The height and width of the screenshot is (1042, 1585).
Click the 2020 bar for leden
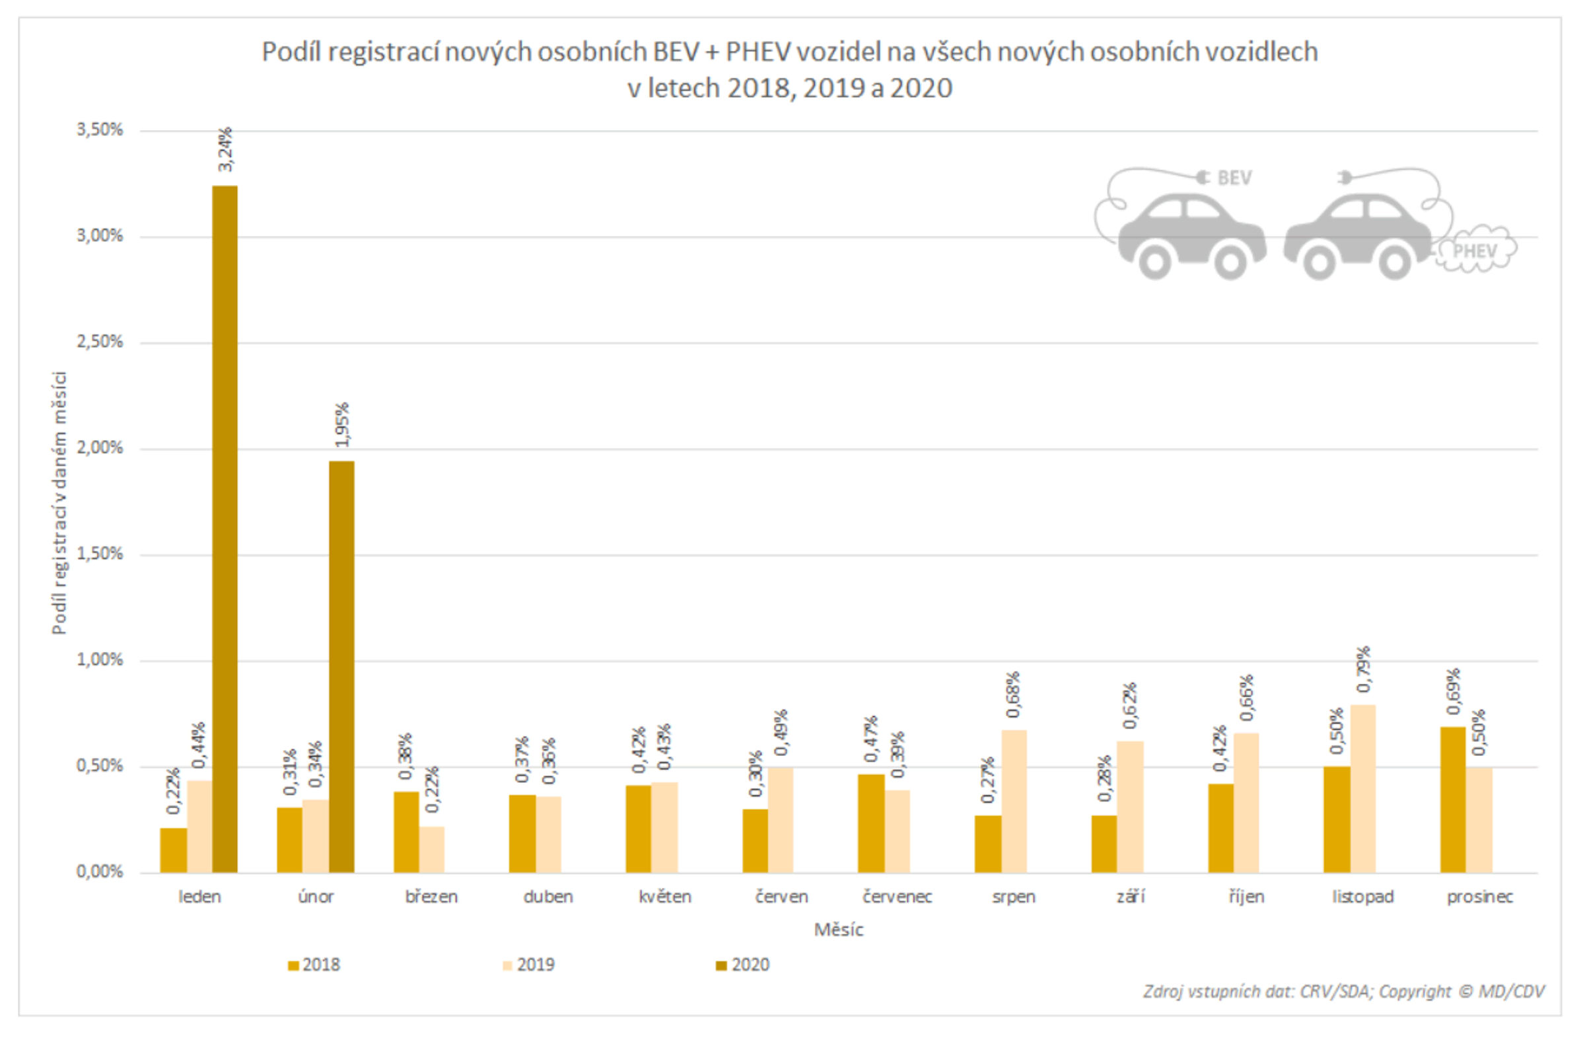point(225,529)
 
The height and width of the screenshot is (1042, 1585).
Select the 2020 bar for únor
point(341,666)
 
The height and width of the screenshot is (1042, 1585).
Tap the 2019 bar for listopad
point(1362,789)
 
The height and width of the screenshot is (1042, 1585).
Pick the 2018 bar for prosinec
point(1452,800)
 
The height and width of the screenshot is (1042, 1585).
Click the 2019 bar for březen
point(431,850)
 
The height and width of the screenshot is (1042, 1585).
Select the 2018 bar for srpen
point(987,844)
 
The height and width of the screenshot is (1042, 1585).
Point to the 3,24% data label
point(225,149)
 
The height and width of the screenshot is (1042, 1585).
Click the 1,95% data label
point(341,424)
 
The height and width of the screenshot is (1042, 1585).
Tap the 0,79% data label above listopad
point(1363,669)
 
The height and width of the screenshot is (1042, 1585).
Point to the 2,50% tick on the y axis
point(100,342)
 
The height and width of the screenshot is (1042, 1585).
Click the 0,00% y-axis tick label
point(100,872)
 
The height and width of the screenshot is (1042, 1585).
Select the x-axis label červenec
point(897,897)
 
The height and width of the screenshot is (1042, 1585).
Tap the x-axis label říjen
point(1246,897)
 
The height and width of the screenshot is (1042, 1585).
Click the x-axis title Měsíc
point(839,930)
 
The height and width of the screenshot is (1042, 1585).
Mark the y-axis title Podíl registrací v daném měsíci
point(59,503)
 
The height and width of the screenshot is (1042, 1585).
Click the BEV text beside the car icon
point(1234,178)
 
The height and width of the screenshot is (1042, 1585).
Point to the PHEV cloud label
point(1475,251)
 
